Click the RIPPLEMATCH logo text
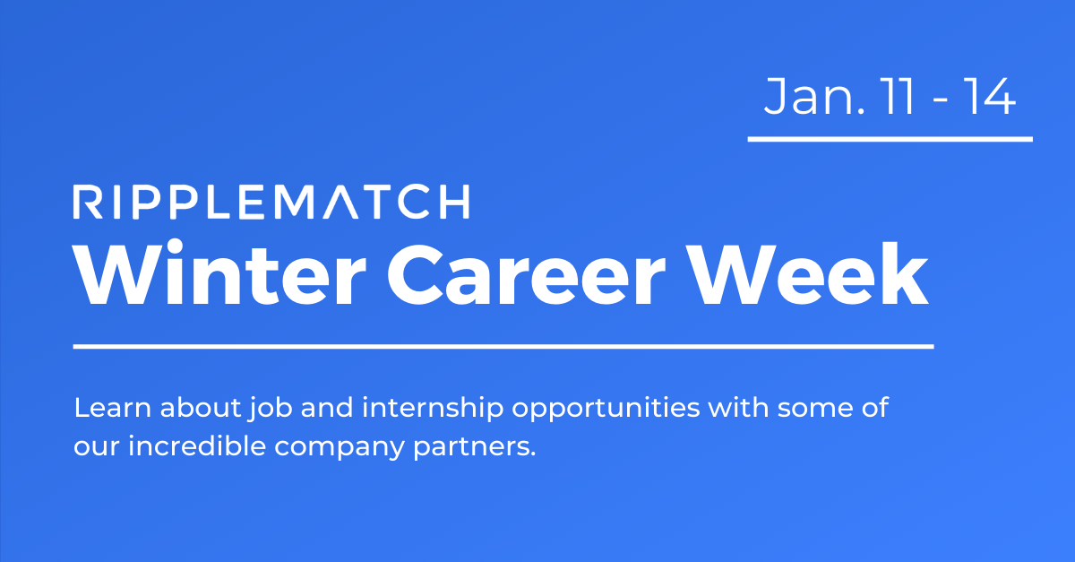click(x=271, y=202)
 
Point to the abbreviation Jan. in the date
click(x=803, y=98)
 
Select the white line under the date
click(x=890, y=139)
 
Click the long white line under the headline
click(x=503, y=345)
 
